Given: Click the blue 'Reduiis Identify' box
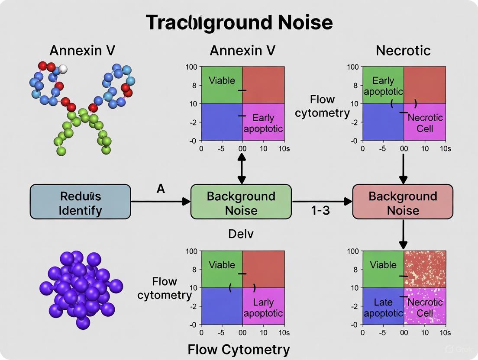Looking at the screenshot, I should pyautogui.click(x=80, y=202).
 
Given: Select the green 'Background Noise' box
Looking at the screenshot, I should pyautogui.click(x=241, y=202).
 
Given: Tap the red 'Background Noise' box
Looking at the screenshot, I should pyautogui.click(x=403, y=202).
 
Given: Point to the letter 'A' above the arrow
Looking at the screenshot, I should pyautogui.click(x=161, y=189).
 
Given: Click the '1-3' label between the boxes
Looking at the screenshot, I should pyautogui.click(x=320, y=211).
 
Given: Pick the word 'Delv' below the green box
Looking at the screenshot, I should pyautogui.click(x=240, y=234).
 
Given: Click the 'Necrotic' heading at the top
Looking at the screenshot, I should pyautogui.click(x=403, y=51).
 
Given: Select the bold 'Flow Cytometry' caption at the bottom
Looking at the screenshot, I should pyautogui.click(x=239, y=350).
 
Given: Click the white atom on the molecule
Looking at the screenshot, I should pyautogui.click(x=63, y=69).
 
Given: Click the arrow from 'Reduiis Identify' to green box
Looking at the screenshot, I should pyautogui.click(x=160, y=201).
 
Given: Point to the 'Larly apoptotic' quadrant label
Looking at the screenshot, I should pyautogui.click(x=263, y=308).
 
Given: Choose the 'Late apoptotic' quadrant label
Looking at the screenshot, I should pyautogui.click(x=383, y=308).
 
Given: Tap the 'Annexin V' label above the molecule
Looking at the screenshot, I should pyautogui.click(x=82, y=51).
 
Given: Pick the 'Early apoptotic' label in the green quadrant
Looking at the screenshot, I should pyautogui.click(x=383, y=86).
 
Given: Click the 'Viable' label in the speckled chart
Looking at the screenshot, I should pyautogui.click(x=383, y=265).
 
